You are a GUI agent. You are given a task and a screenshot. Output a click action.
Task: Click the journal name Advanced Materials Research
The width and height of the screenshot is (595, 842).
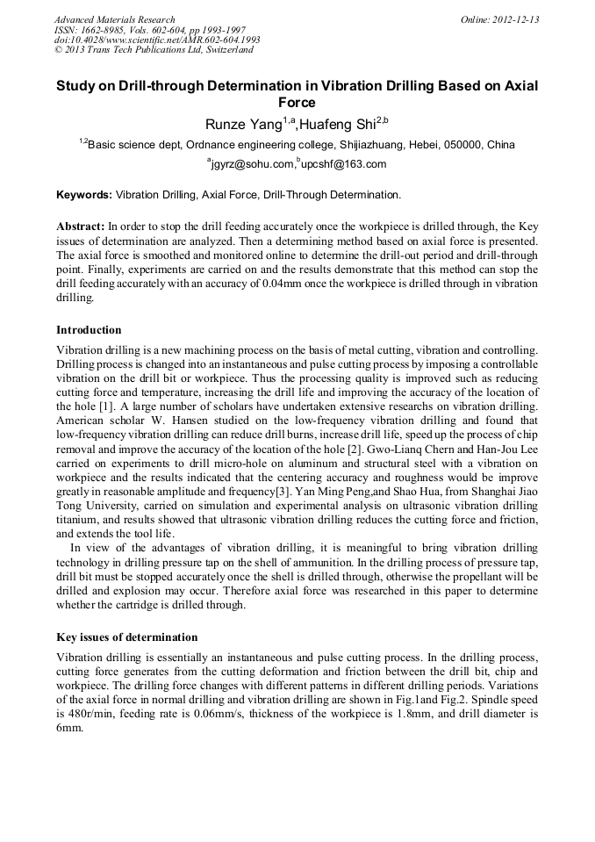(115, 19)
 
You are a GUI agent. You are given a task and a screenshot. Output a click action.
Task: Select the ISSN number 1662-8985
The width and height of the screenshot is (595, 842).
(102, 30)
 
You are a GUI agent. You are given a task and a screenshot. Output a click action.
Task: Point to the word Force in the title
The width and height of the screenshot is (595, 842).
(297, 102)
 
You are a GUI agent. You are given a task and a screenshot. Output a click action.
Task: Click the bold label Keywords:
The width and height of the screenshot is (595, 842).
(84, 194)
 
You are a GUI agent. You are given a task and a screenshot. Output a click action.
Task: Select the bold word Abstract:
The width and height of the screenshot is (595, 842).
(81, 226)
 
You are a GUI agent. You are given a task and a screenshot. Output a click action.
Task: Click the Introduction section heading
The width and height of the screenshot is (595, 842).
(89, 330)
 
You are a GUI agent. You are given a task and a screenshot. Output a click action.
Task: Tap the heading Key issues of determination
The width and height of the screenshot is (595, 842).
(126, 637)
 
